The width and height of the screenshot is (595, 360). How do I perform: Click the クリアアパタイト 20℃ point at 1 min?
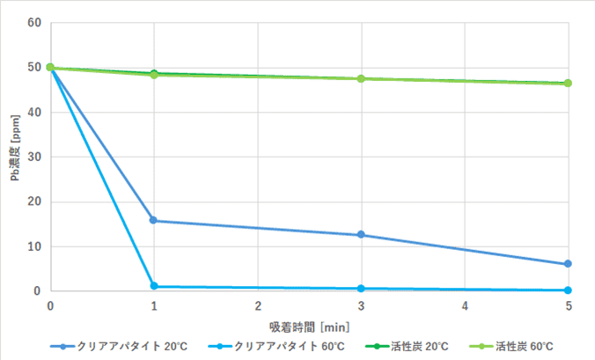coord(154,220)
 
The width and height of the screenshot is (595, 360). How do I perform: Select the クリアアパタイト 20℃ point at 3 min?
coord(361,235)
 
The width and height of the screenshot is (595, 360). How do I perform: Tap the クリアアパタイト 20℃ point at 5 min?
coord(568,264)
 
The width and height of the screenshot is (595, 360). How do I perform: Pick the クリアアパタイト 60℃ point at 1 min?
coord(154,286)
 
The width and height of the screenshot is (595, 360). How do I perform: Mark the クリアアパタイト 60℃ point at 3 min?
coord(361,289)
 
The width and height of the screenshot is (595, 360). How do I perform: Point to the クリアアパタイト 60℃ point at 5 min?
coord(568,290)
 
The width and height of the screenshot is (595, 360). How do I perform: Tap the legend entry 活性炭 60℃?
coord(518,346)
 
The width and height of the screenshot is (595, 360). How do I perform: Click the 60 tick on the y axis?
coord(35,22)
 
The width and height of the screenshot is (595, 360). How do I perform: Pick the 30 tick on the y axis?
coord(35,157)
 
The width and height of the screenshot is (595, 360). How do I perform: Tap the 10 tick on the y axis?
coord(35,246)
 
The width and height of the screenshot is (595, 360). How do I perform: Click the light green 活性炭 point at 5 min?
coord(568,84)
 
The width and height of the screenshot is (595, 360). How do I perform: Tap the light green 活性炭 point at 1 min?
coord(154,75)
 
